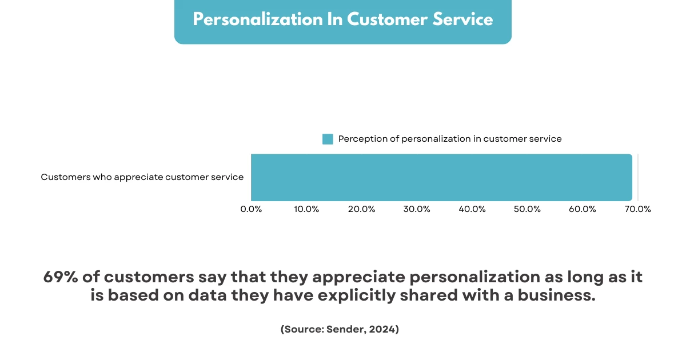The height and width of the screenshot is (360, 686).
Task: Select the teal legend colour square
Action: click(328, 139)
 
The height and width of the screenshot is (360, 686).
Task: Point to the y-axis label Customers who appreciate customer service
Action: click(142, 177)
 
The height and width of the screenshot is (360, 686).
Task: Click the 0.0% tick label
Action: click(251, 209)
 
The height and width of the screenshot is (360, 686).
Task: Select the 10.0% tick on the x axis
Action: click(306, 209)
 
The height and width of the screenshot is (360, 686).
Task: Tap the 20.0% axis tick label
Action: click(361, 209)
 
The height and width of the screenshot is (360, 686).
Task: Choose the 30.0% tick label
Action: click(417, 209)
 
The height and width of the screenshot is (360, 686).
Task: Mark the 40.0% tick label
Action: click(472, 209)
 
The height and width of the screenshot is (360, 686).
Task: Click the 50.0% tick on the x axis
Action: click(527, 209)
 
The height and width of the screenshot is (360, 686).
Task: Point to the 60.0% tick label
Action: click(583, 209)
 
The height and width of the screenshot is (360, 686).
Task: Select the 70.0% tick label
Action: click(637, 209)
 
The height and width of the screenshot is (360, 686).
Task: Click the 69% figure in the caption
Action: click(60, 278)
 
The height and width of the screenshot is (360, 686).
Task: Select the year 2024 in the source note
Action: click(383, 330)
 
